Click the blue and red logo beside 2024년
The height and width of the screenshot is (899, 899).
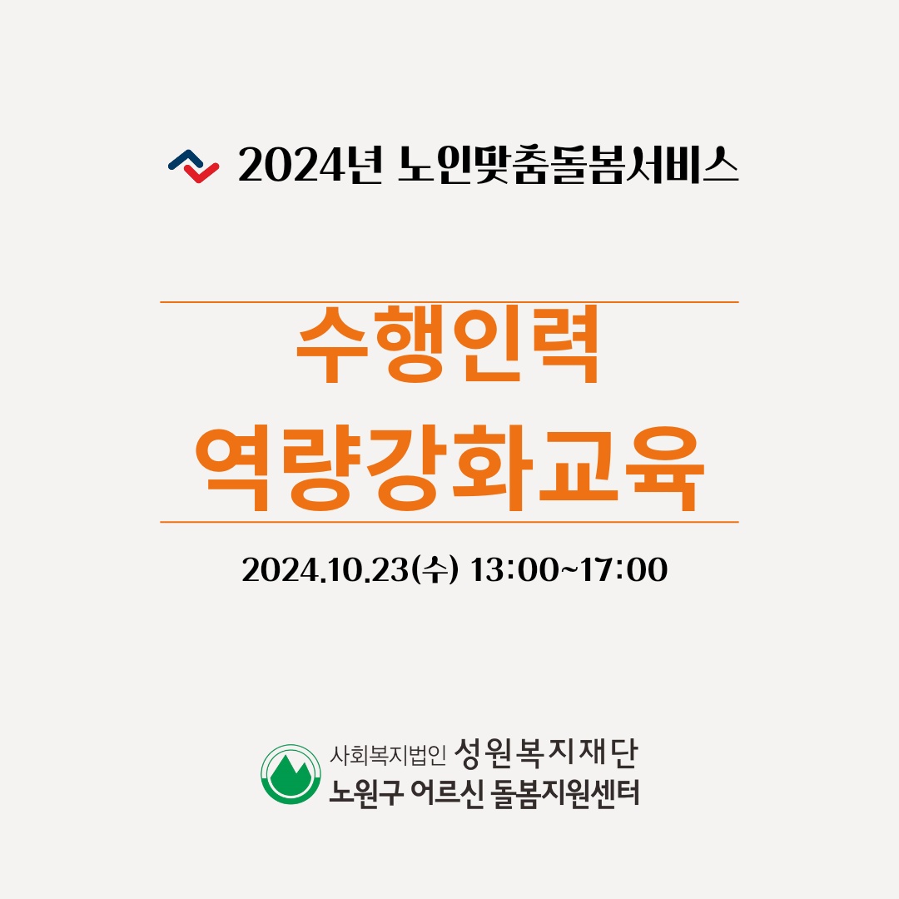pyautogui.click(x=193, y=166)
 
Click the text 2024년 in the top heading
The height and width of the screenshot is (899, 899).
pyautogui.click(x=310, y=166)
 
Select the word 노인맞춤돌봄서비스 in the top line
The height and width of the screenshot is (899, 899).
pyautogui.click(x=568, y=166)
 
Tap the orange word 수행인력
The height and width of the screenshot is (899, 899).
pyautogui.click(x=448, y=345)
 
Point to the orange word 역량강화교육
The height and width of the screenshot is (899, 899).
pyautogui.click(x=449, y=468)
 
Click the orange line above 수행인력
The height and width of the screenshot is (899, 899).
pyautogui.click(x=449, y=301)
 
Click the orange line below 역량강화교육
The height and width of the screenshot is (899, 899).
pyautogui.click(x=449, y=522)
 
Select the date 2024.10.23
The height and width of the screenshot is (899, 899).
pyautogui.click(x=325, y=570)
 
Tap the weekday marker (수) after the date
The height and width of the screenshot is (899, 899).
pyautogui.click(x=435, y=570)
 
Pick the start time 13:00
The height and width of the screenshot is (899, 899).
pyautogui.click(x=513, y=570)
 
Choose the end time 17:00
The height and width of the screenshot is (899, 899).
pyautogui.click(x=623, y=570)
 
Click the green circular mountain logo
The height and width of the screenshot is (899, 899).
pyautogui.click(x=291, y=774)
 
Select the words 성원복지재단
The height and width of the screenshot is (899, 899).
pyautogui.click(x=546, y=753)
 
